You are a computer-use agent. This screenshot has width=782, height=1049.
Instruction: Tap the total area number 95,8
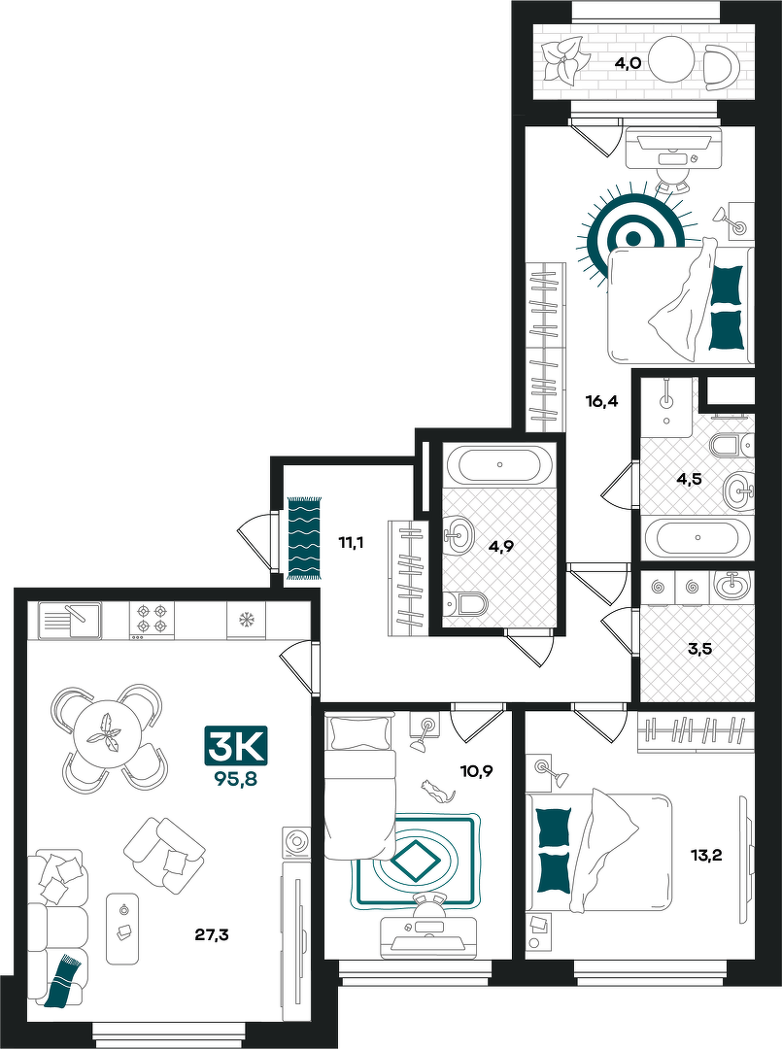(236, 778)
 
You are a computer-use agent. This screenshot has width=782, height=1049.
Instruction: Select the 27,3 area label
(212, 934)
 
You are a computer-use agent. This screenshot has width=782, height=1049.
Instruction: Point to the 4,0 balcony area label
(629, 63)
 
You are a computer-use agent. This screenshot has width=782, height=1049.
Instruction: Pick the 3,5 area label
(699, 648)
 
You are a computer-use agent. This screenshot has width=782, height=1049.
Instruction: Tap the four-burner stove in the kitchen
(152, 620)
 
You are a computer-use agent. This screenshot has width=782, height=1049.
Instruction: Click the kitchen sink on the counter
(70, 620)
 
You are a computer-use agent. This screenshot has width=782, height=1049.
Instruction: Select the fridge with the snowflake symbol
(246, 620)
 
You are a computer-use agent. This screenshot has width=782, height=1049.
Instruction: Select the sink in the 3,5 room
(731, 588)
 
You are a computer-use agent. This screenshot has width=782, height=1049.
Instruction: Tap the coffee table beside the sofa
(122, 929)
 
